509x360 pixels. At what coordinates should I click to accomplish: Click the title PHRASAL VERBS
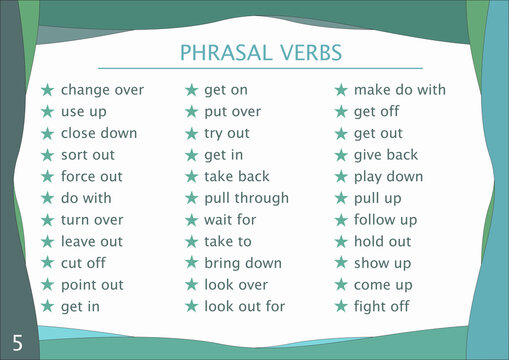[x=261, y=52]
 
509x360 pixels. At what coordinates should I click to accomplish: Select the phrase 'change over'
[x=102, y=90]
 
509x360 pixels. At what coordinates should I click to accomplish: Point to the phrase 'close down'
[x=98, y=133]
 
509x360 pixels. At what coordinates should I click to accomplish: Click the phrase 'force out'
[x=91, y=177]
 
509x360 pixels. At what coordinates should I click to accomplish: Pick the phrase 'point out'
[x=92, y=285]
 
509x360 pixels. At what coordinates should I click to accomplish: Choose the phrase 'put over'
[x=232, y=112]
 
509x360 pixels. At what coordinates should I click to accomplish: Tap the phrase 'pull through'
[x=246, y=198]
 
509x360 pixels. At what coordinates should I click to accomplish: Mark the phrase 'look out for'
[x=244, y=307]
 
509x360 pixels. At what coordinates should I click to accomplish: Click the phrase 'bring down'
[x=242, y=263]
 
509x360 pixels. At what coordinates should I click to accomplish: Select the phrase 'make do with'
[x=399, y=90]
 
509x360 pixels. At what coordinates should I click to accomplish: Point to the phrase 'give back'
[x=386, y=155]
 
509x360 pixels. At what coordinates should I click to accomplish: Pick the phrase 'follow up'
[x=385, y=220]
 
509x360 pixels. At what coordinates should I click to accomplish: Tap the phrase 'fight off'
[x=382, y=307]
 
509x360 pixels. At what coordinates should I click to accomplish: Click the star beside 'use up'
[x=47, y=112]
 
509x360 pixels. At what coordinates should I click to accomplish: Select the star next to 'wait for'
[x=191, y=220]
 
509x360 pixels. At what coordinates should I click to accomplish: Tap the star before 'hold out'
[x=341, y=242]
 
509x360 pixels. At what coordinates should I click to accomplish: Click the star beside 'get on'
[x=191, y=90]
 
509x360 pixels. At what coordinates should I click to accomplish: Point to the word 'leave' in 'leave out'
[x=78, y=242]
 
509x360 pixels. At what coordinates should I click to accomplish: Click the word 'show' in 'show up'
[x=372, y=263]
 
